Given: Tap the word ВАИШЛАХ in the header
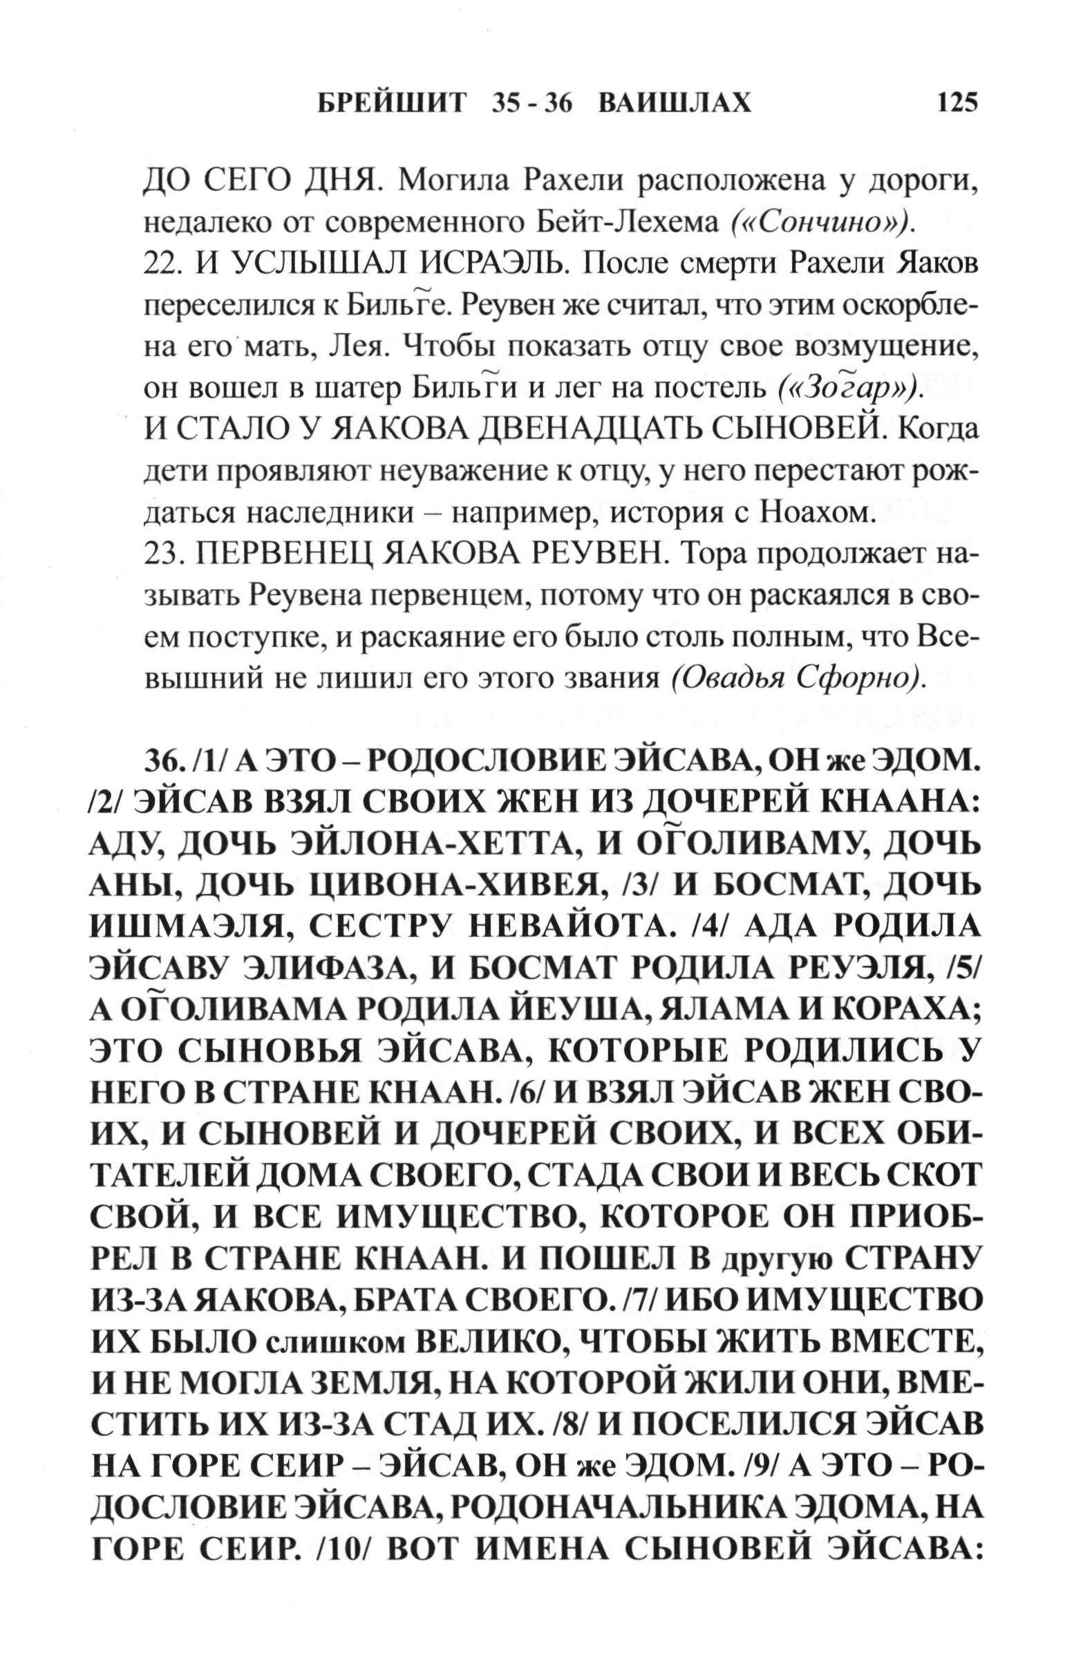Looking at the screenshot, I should (675, 103).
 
